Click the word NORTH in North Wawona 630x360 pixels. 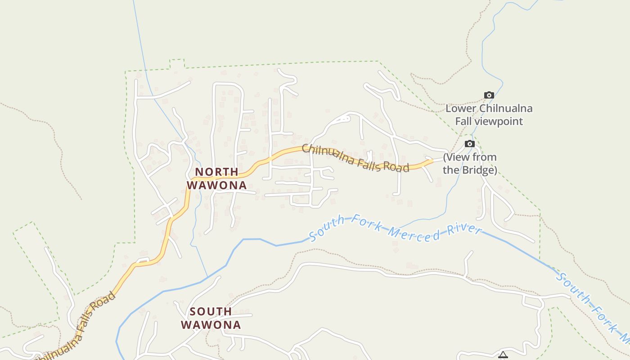(216, 172)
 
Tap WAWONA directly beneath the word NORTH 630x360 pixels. (217, 185)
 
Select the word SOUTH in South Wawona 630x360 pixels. (211, 311)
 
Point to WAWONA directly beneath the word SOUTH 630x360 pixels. (211, 324)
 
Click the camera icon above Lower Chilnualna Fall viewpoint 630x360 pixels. (489, 95)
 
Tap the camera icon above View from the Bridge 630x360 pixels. (470, 144)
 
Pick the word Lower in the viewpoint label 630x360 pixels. (461, 108)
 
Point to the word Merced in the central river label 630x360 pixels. (414, 234)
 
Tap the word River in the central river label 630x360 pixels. (465, 229)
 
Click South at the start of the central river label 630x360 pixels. (328, 228)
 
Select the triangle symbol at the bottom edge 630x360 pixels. (503, 355)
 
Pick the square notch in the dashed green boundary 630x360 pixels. (177, 63)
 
